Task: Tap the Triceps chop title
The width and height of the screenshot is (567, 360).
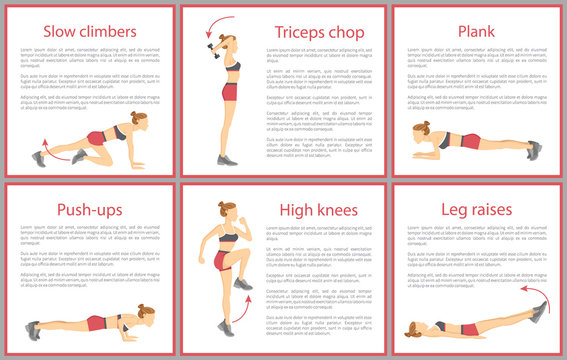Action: (321, 32)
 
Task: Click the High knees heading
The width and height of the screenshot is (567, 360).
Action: (321, 211)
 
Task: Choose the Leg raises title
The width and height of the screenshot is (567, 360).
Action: (475, 210)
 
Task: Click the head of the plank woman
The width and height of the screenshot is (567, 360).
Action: (421, 131)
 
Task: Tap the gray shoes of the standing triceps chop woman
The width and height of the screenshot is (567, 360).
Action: (227, 160)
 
